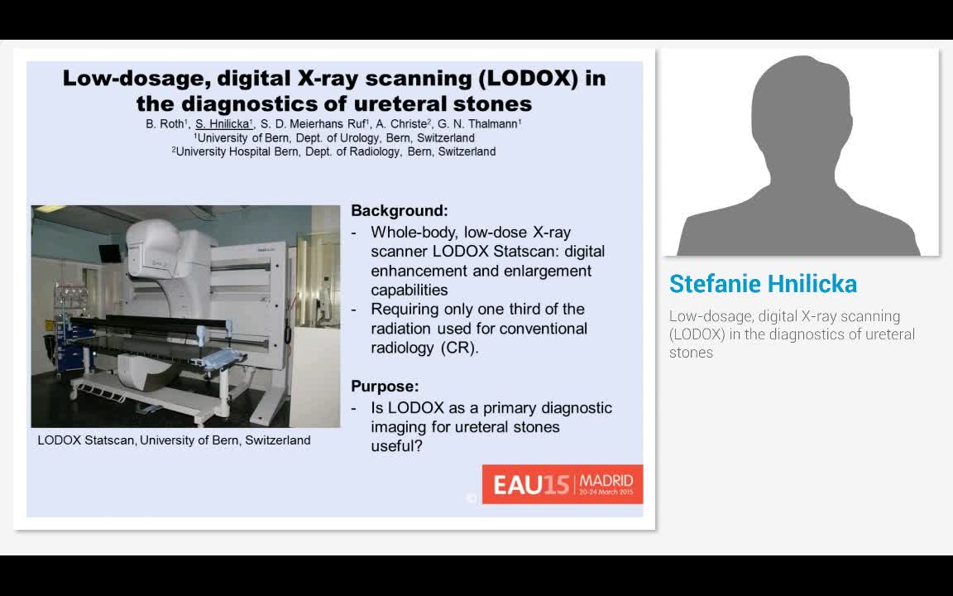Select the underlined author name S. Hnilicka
tap(223, 124)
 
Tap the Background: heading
tap(400, 211)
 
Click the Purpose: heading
tap(385, 386)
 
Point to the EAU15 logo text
tap(530, 484)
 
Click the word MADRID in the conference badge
tap(606, 480)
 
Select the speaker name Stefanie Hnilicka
tap(763, 284)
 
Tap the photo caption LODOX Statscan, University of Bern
tap(174, 440)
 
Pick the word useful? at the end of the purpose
tap(396, 446)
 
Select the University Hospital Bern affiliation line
tap(334, 151)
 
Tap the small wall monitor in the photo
tap(109, 252)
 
